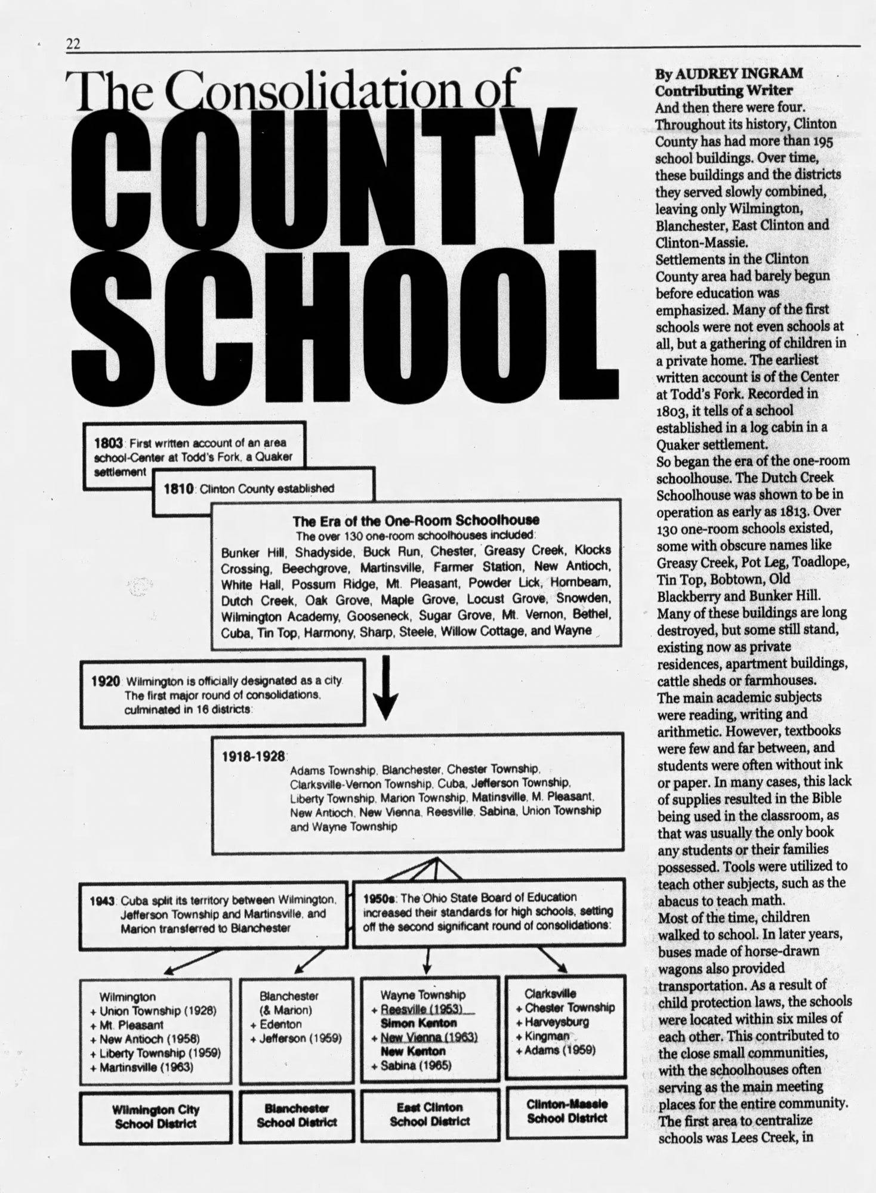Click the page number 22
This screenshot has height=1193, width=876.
[x=73, y=43]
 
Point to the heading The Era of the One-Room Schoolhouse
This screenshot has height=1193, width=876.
[x=415, y=520]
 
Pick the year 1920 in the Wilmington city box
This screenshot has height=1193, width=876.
[x=106, y=681]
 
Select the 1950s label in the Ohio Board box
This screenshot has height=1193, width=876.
[x=381, y=897]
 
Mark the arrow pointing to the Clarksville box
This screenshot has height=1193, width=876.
[x=554, y=960]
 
